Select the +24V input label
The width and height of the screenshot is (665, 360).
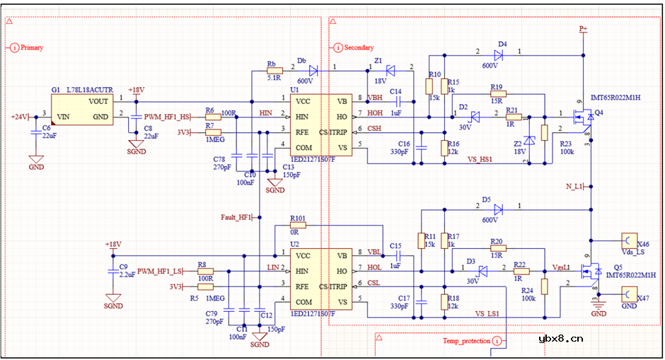pyautogui.click(x=20, y=117)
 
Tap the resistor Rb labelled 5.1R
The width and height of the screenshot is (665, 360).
pyautogui.click(x=272, y=70)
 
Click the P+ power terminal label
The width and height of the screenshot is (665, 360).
pyautogui.click(x=583, y=29)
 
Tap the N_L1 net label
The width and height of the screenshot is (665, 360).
pyautogui.click(x=574, y=186)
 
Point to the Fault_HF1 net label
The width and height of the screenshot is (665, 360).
pyautogui.click(x=236, y=217)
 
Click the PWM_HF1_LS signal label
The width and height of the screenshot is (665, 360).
pyautogui.click(x=160, y=271)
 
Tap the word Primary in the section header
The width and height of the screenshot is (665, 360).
pyautogui.click(x=32, y=47)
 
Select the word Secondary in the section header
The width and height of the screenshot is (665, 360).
pyautogui.click(x=359, y=47)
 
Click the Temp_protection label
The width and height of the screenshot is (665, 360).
pyautogui.click(x=466, y=341)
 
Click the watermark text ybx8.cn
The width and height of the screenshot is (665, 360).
pyautogui.click(x=560, y=338)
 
